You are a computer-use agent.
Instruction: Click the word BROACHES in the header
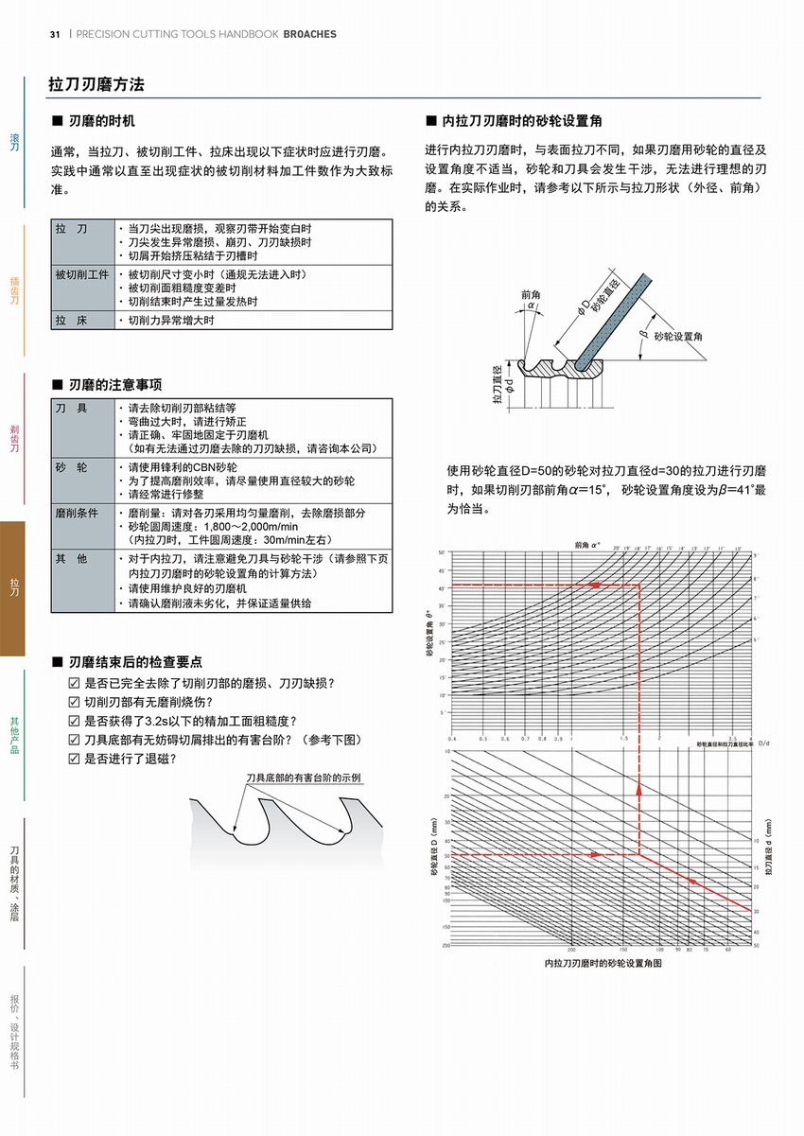click(309, 34)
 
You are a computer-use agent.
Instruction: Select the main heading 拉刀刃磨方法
click(96, 84)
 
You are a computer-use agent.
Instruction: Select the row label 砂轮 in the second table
click(72, 468)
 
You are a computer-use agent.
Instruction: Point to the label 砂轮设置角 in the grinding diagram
click(677, 336)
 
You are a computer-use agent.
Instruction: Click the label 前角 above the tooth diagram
click(531, 294)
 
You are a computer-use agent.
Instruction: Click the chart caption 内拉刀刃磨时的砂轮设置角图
click(603, 963)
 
